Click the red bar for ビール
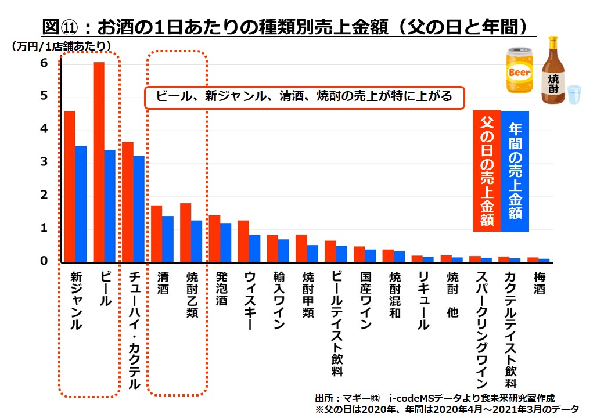[99, 162]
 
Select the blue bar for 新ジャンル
[81, 204]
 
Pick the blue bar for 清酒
[168, 239]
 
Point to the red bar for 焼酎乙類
[186, 233]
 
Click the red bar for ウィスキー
[243, 242]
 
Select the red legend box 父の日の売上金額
[486, 171]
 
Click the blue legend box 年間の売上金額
[515, 171]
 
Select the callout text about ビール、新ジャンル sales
[304, 96]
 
